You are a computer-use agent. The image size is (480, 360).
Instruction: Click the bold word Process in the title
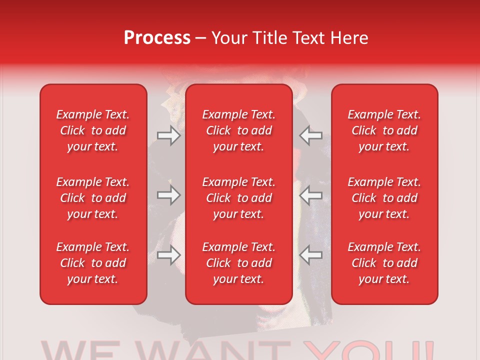click(x=157, y=38)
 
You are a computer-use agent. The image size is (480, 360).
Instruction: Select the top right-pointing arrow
click(x=168, y=135)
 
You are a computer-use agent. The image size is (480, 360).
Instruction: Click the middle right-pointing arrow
click(x=168, y=195)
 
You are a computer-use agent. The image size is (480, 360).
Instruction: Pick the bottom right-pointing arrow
click(x=168, y=255)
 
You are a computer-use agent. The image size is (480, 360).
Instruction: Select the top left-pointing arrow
click(x=311, y=135)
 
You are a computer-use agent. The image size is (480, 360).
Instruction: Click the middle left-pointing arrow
click(x=311, y=195)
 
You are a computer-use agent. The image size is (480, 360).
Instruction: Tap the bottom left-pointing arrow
click(x=311, y=255)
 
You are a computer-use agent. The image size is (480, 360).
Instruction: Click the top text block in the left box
click(x=93, y=130)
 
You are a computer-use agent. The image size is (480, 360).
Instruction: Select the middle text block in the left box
click(x=93, y=198)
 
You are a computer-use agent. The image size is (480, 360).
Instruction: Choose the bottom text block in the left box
click(x=93, y=263)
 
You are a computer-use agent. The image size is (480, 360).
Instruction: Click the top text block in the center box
click(x=238, y=130)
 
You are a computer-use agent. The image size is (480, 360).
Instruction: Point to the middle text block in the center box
click(x=238, y=198)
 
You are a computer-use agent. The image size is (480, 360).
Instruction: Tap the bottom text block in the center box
click(x=238, y=263)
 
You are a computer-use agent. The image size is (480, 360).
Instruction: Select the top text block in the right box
click(x=384, y=130)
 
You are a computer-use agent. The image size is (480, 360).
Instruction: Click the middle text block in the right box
click(x=384, y=198)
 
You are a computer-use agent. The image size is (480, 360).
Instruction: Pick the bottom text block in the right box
click(x=384, y=263)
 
